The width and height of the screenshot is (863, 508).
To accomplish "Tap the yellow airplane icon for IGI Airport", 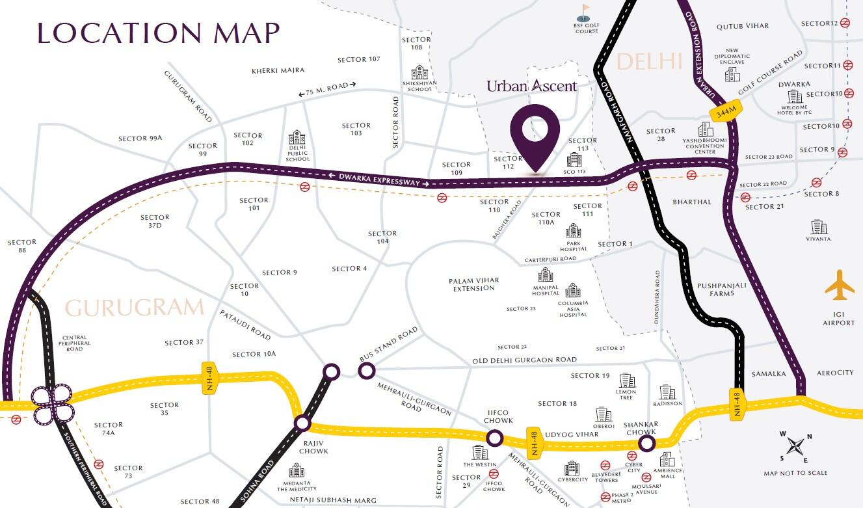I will pyautogui.click(x=840, y=286).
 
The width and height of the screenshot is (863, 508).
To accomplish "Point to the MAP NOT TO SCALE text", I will pyautogui.click(x=795, y=473).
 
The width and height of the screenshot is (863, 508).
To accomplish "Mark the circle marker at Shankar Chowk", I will pyautogui.click(x=646, y=443).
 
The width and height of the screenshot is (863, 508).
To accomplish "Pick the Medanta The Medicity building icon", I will pyautogui.click(x=297, y=470).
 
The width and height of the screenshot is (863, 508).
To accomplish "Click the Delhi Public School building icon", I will pyautogui.click(x=297, y=137).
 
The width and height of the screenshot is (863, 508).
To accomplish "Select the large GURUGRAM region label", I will pyautogui.click(x=135, y=308).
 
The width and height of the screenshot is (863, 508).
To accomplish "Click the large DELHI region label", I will pyautogui.click(x=648, y=62).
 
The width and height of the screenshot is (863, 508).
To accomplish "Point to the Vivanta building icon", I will pyautogui.click(x=818, y=227).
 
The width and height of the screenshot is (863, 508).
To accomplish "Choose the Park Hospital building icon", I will pyautogui.click(x=573, y=230).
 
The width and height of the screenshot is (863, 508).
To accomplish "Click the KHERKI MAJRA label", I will pyautogui.click(x=278, y=70).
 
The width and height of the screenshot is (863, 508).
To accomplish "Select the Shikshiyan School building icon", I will pyautogui.click(x=419, y=72).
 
